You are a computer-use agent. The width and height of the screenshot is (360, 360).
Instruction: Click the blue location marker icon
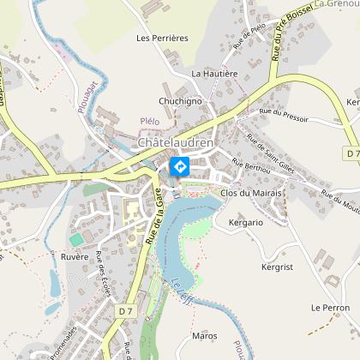pos(180,166)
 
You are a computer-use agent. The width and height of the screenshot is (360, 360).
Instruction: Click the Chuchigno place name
pos(179,100)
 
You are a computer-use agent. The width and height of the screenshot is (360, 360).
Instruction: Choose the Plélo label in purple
pos(149,122)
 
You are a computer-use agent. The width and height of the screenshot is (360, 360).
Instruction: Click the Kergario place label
pos(246,223)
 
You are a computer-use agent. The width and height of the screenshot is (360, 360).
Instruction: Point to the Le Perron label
pos(330,307)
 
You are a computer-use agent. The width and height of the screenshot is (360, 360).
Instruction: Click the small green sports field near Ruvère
pos(76,237)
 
